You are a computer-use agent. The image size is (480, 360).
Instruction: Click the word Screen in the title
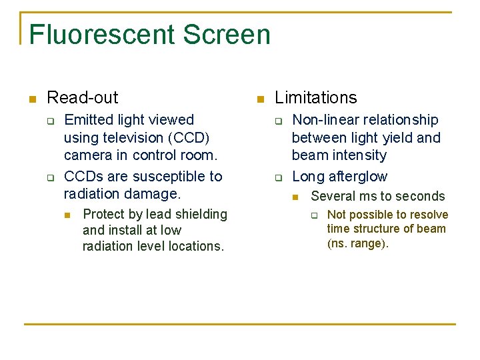(227, 35)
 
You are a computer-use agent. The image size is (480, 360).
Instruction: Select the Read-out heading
(83, 97)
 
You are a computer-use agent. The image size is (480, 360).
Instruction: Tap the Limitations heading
(315, 97)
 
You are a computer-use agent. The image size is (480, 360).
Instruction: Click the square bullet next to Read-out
(31, 99)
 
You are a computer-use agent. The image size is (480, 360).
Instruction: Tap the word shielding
(201, 214)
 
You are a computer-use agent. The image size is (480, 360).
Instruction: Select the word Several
(331, 196)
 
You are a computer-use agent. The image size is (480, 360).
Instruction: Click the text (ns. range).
(358, 243)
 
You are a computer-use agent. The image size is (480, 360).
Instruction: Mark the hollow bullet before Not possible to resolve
(317, 215)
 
